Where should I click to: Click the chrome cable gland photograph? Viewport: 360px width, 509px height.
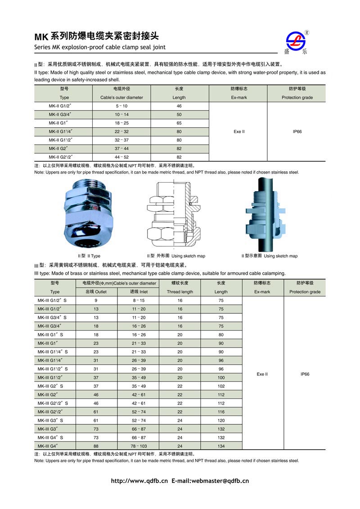tap(88, 214)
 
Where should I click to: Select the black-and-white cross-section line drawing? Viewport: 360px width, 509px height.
tap(173, 215)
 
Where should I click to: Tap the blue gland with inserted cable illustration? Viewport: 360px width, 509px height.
tap(266, 214)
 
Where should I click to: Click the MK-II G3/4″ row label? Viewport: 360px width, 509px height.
tap(61, 115)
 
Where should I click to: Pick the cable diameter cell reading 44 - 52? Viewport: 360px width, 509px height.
tap(121, 157)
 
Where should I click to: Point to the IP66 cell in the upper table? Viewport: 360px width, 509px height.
tap(297, 132)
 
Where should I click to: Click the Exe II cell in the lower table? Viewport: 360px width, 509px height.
tap(263, 374)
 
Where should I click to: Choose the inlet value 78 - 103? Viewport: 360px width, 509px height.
tap(139, 446)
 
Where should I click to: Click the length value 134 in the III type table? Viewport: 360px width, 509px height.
tap(221, 446)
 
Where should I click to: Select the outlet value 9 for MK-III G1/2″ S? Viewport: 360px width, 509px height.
tap(96, 300)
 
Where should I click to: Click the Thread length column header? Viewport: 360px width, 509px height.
tap(180, 292)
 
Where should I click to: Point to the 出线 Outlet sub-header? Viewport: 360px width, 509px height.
tap(96, 292)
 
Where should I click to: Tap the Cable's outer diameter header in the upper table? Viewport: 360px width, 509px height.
tap(121, 98)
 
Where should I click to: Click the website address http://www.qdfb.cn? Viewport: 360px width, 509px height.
tap(139, 481)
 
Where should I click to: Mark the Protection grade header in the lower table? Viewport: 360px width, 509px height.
tap(305, 292)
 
